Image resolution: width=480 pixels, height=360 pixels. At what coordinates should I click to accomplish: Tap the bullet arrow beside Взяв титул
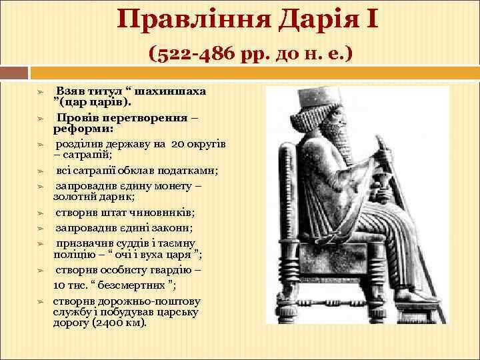(x=40, y=91)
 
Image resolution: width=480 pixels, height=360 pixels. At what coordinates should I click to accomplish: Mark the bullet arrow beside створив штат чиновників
(x=40, y=213)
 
